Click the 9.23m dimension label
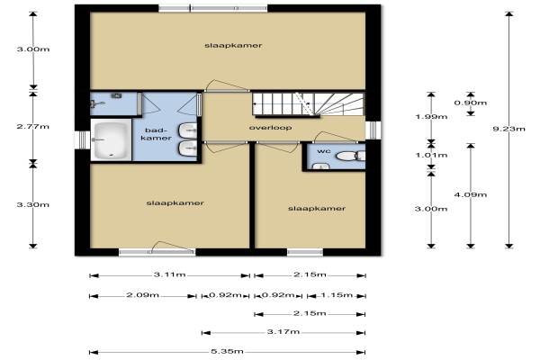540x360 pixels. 509,129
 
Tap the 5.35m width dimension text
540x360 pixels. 228,351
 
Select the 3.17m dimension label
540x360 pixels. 283,332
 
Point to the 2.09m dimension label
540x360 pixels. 142,295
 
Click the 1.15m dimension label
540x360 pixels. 337,295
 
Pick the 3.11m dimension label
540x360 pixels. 170,274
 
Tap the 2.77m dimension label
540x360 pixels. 33,126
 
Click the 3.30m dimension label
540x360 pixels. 33,204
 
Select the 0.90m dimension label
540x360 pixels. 471,103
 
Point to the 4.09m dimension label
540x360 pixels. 471,194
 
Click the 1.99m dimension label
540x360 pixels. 431,117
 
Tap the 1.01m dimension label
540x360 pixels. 431,155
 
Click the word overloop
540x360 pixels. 270,128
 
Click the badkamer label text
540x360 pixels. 157,134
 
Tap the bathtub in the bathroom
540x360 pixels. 111,140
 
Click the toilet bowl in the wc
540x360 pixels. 347,156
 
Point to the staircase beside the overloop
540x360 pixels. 308,104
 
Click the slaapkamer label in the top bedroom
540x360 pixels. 233,46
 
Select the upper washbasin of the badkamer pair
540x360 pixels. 188,130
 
